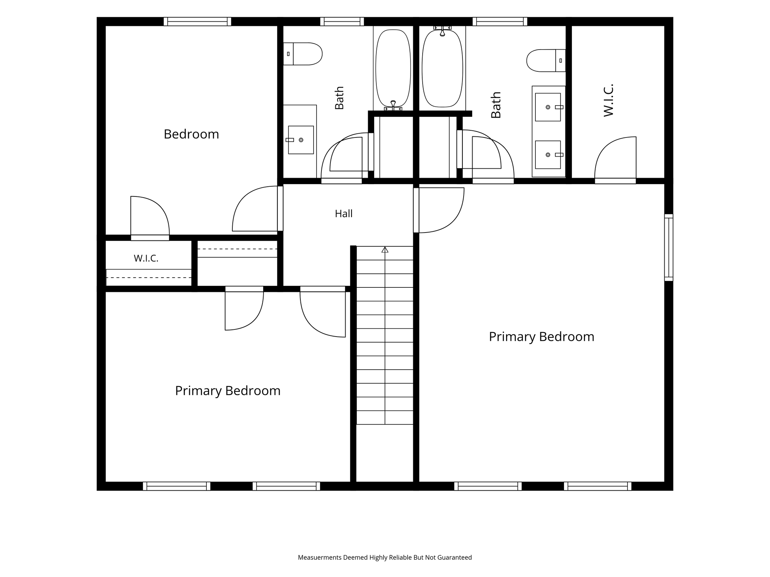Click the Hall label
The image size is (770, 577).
tap(344, 214)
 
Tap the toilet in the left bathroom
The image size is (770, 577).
tap(303, 54)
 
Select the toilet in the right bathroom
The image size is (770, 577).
tap(546, 60)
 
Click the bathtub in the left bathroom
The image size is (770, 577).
tap(393, 68)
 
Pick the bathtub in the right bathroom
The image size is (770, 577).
tap(442, 68)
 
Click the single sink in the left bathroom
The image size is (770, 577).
tap(301, 140)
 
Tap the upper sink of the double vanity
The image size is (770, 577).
tap(548, 107)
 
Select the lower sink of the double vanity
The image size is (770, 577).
tap(548, 155)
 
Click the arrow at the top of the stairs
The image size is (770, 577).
tap(385, 249)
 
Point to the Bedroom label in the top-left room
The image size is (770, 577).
tap(191, 134)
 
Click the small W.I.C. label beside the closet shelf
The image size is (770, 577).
tap(146, 258)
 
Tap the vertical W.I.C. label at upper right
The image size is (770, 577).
tap(608, 100)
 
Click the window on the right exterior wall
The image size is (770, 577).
tap(668, 248)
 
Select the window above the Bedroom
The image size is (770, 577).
tap(197, 21)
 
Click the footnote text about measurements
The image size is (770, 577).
tap(385, 557)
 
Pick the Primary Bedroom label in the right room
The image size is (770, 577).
tap(541, 337)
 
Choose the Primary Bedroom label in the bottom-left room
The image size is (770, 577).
tap(228, 391)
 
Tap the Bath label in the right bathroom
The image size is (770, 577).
tap(496, 105)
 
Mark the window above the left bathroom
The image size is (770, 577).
tap(342, 21)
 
